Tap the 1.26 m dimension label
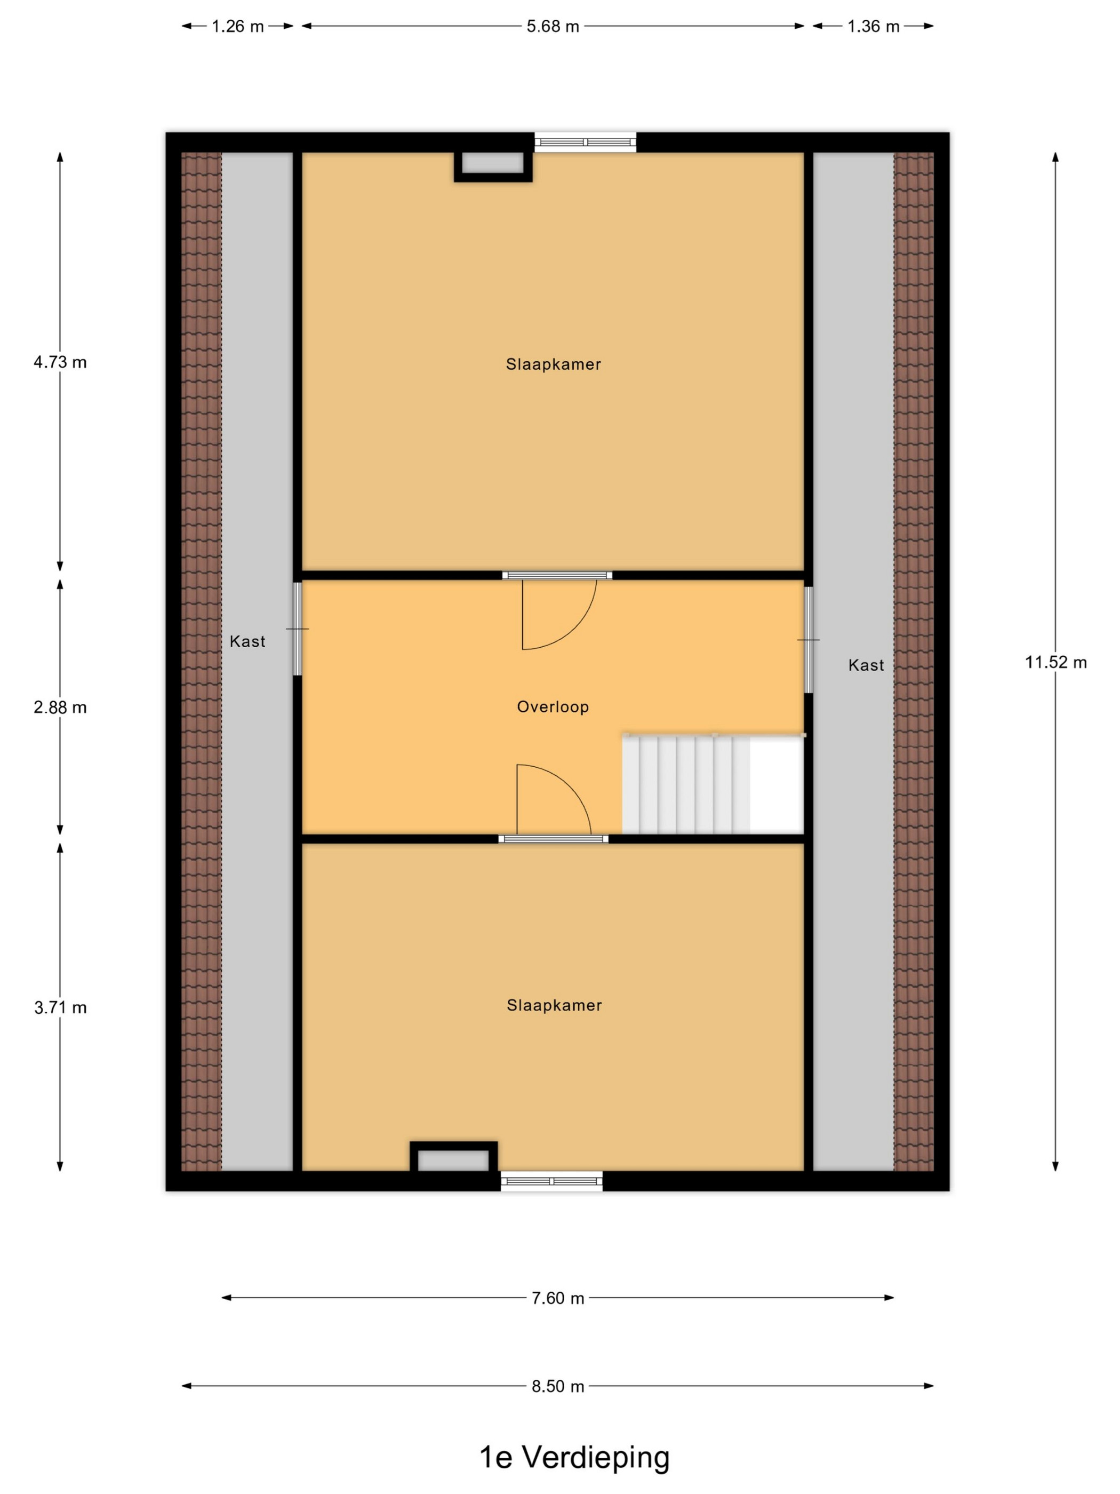pos(238,26)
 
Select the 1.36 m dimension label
pos(873,26)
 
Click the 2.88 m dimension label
pos(60,707)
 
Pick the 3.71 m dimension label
pos(60,1008)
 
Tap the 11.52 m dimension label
pos(1056,662)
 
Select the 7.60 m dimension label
pos(558,1298)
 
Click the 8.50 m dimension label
pos(558,1387)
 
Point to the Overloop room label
pos(553,706)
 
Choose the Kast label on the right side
pos(866,665)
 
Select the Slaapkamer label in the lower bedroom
pos(554,1005)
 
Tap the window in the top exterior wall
pos(585,142)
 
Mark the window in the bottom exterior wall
pos(551,1181)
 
